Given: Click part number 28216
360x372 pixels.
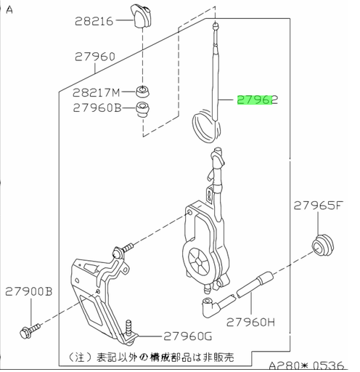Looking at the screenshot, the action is (94, 21).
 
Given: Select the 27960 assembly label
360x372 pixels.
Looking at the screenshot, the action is (94, 57).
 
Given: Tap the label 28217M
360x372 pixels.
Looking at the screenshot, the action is (97, 92).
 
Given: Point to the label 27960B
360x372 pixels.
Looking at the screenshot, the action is (97, 108).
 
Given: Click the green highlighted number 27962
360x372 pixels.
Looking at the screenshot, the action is (258, 100).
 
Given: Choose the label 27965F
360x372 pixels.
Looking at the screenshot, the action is (319, 206).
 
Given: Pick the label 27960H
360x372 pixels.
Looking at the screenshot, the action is (250, 323).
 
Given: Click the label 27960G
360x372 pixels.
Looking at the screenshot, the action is (188, 336).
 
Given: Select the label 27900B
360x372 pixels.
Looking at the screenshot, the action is (29, 291).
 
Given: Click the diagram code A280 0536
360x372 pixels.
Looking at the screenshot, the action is (306, 365).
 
